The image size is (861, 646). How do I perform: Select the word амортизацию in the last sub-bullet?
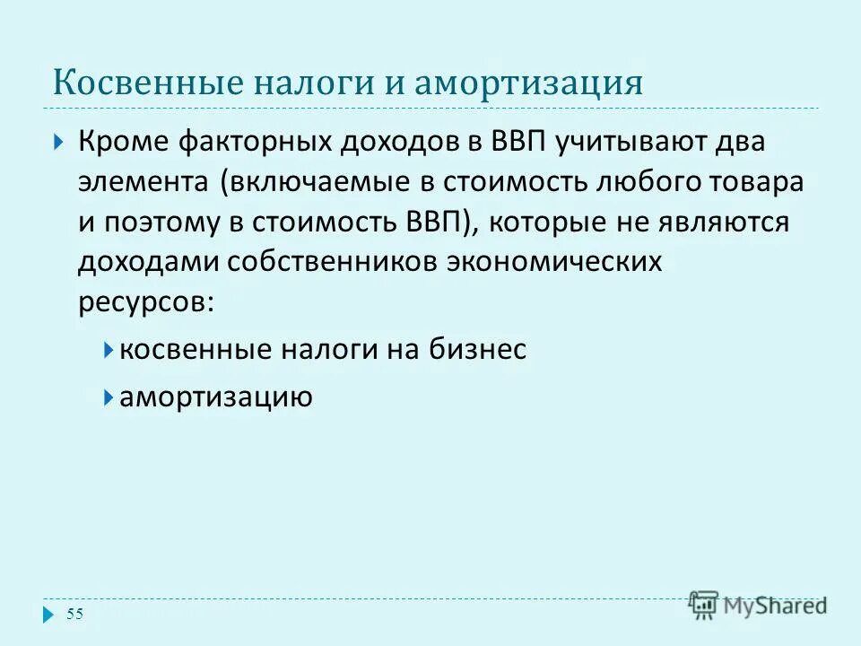[216, 397]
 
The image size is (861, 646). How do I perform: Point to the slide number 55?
[74, 614]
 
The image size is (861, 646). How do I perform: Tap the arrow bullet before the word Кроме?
[58, 143]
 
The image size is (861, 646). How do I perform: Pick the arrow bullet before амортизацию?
[108, 396]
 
